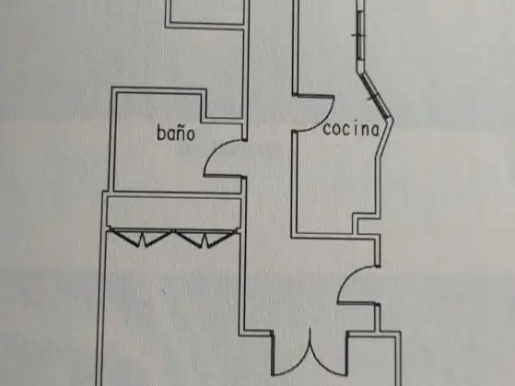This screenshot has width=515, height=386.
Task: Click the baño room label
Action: pyautogui.click(x=176, y=133)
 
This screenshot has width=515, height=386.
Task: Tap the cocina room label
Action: pyautogui.click(x=351, y=129)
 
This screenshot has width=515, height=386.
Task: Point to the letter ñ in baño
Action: pyautogui.click(x=180, y=133)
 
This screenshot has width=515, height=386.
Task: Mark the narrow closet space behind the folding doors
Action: pyautogui.click(x=174, y=213)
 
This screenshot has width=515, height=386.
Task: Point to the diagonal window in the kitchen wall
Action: pyautogui.click(x=375, y=96)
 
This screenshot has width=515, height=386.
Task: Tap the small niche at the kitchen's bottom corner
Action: pyautogui.click(x=367, y=227)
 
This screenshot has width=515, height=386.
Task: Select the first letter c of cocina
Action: pyautogui.click(x=327, y=130)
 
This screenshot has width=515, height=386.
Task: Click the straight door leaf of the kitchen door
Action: pyautogui.click(x=315, y=96)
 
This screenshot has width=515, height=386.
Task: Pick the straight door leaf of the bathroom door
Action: pyautogui.click(x=224, y=176)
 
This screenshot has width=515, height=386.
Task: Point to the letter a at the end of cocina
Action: pyautogui.click(x=375, y=130)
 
